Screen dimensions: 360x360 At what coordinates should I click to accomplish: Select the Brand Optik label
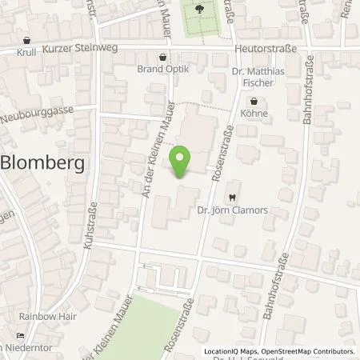pos(163,70)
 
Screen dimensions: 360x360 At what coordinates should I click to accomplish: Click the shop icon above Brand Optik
pos(163,58)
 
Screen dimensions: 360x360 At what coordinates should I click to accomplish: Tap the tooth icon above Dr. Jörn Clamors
pos(232,197)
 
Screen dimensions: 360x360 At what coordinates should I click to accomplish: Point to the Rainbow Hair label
pos(50,316)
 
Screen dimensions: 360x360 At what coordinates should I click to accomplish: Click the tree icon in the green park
pos(199,9)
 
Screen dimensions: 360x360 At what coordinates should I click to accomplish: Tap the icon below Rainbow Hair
pos(22,336)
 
